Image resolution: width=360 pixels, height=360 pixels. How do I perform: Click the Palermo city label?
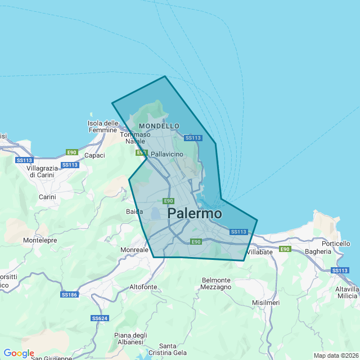click(x=195, y=214)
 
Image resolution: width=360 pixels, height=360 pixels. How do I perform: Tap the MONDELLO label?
click(x=159, y=126)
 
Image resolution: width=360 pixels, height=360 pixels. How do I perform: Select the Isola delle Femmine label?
click(x=103, y=127)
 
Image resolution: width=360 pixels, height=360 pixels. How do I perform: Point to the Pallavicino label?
click(x=167, y=154)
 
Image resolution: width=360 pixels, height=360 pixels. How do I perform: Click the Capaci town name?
click(x=94, y=155)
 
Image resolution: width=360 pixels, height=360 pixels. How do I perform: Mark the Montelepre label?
click(x=39, y=240)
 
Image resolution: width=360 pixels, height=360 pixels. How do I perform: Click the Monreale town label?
click(x=134, y=249)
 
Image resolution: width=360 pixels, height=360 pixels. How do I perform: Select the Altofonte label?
click(x=143, y=287)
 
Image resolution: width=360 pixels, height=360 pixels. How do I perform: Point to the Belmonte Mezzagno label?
click(x=216, y=283)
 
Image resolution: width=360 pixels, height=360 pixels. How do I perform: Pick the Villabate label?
click(x=259, y=252)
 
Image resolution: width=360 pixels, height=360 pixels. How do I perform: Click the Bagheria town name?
click(x=318, y=251)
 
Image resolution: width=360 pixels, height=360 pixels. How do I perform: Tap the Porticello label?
click(x=336, y=244)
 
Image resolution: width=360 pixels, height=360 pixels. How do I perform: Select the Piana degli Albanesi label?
click(x=130, y=339)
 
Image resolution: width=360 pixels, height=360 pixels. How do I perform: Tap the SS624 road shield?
click(x=99, y=318)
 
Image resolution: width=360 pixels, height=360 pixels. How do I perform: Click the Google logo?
click(x=19, y=353)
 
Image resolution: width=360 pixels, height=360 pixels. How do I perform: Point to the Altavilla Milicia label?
click(x=347, y=292)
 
